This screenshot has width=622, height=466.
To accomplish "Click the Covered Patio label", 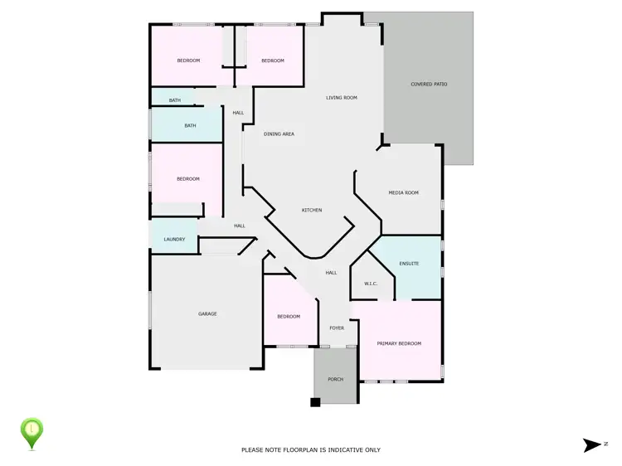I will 429,84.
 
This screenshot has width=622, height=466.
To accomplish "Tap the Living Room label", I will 341,98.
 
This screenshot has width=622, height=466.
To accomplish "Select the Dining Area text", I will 279,133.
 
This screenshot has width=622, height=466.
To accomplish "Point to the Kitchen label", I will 312,210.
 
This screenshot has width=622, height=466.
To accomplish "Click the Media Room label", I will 404,192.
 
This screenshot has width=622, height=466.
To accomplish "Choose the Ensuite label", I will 409,264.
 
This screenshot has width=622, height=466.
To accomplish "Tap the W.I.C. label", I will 371,284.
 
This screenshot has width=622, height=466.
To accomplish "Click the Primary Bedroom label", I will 399,343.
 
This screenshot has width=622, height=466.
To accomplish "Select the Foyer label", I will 337,328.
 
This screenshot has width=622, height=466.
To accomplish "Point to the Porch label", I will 335,379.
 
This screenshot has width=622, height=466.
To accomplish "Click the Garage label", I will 207,313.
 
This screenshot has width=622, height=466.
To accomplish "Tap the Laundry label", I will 174,240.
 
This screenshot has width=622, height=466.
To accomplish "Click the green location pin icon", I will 32,431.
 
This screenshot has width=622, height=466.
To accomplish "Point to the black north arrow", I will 592,445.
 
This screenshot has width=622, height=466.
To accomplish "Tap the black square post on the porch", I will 315,403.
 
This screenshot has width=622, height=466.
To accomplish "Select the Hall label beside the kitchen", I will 331,273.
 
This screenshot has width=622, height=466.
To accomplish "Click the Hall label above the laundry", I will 240,226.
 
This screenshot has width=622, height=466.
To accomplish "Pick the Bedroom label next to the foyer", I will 289,317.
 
